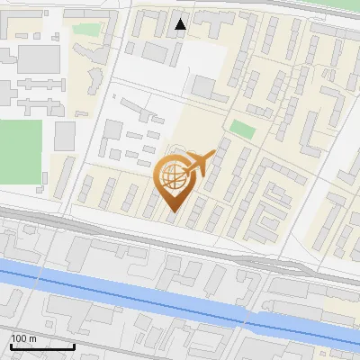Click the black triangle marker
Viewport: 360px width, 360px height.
click(181, 24)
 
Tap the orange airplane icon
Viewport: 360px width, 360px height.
click(197, 165)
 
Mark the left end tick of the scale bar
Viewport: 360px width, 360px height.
click(11, 346)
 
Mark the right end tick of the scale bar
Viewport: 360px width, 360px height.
click(74, 346)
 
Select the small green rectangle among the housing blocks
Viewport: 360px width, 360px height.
click(241, 128)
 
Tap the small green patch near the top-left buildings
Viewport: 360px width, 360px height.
click(85, 30)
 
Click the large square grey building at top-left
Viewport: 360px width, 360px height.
click(38, 58)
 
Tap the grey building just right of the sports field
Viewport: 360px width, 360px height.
click(65, 137)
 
